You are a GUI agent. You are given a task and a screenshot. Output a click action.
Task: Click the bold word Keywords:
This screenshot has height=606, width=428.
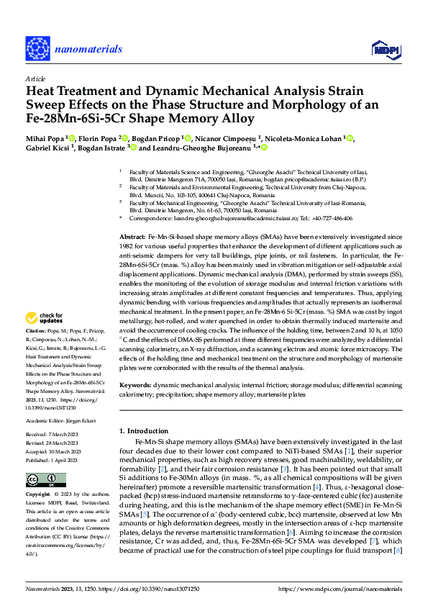(135, 386)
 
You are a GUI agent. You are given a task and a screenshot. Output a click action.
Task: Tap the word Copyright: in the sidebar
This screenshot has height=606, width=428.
(39, 495)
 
